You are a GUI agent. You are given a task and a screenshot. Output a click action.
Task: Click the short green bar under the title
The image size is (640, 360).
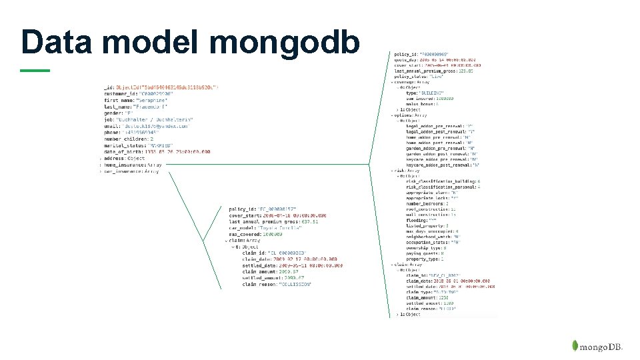coord(35,70)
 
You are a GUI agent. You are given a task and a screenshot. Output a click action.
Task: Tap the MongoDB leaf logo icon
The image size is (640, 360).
coord(574,347)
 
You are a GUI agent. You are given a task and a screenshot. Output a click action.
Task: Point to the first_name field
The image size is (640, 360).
coord(137,100)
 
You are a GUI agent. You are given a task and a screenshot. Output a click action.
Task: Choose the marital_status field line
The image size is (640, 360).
coord(137,145)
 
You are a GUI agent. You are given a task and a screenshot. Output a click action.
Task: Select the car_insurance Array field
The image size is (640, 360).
coord(131,171)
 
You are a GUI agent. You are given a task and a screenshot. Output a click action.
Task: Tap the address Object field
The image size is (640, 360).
coord(123,158)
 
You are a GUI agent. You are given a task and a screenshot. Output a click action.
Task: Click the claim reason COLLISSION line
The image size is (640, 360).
coord(277,285)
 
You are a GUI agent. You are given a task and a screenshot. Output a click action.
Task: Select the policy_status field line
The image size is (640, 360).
coord(420,77)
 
